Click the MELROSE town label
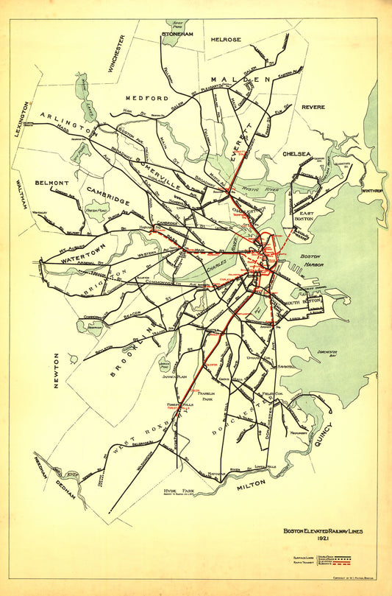227,39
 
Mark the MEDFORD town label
147,98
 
